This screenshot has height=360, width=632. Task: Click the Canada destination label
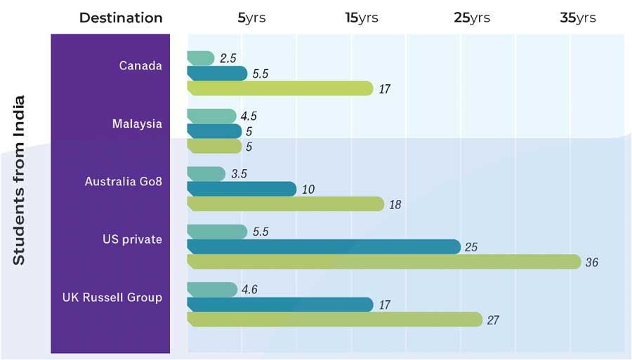tap(140, 66)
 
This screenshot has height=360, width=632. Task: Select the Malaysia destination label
tap(137, 124)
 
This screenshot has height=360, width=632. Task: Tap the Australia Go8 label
tap(123, 182)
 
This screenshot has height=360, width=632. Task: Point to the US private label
tap(132, 239)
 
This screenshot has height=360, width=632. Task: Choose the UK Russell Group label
tap(112, 298)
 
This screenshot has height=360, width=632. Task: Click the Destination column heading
tap(121, 18)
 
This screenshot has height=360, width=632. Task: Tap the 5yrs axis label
tap(251, 18)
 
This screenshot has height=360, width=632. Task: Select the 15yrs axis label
tap(362, 18)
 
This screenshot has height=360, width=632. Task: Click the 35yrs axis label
tap(578, 18)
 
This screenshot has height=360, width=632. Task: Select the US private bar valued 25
tap(324, 247)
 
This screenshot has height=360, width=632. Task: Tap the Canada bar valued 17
tap(280, 88)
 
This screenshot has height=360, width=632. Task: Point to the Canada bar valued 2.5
tap(201, 59)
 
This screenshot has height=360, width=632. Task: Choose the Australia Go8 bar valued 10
tap(242, 189)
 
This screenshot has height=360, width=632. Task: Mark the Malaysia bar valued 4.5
tap(211, 116)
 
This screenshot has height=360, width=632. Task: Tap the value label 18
tap(395, 205)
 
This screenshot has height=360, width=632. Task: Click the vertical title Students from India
tap(19, 180)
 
